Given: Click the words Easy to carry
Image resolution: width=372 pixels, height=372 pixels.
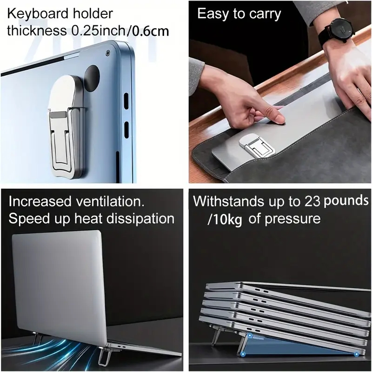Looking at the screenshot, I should coord(239,13).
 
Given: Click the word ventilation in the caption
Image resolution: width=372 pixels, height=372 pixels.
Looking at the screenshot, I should coord(114,202).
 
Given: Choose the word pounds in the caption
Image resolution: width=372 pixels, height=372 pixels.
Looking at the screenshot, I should coord(346,201).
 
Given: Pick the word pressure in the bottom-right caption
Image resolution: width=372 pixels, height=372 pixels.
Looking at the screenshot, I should coord(285,219).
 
